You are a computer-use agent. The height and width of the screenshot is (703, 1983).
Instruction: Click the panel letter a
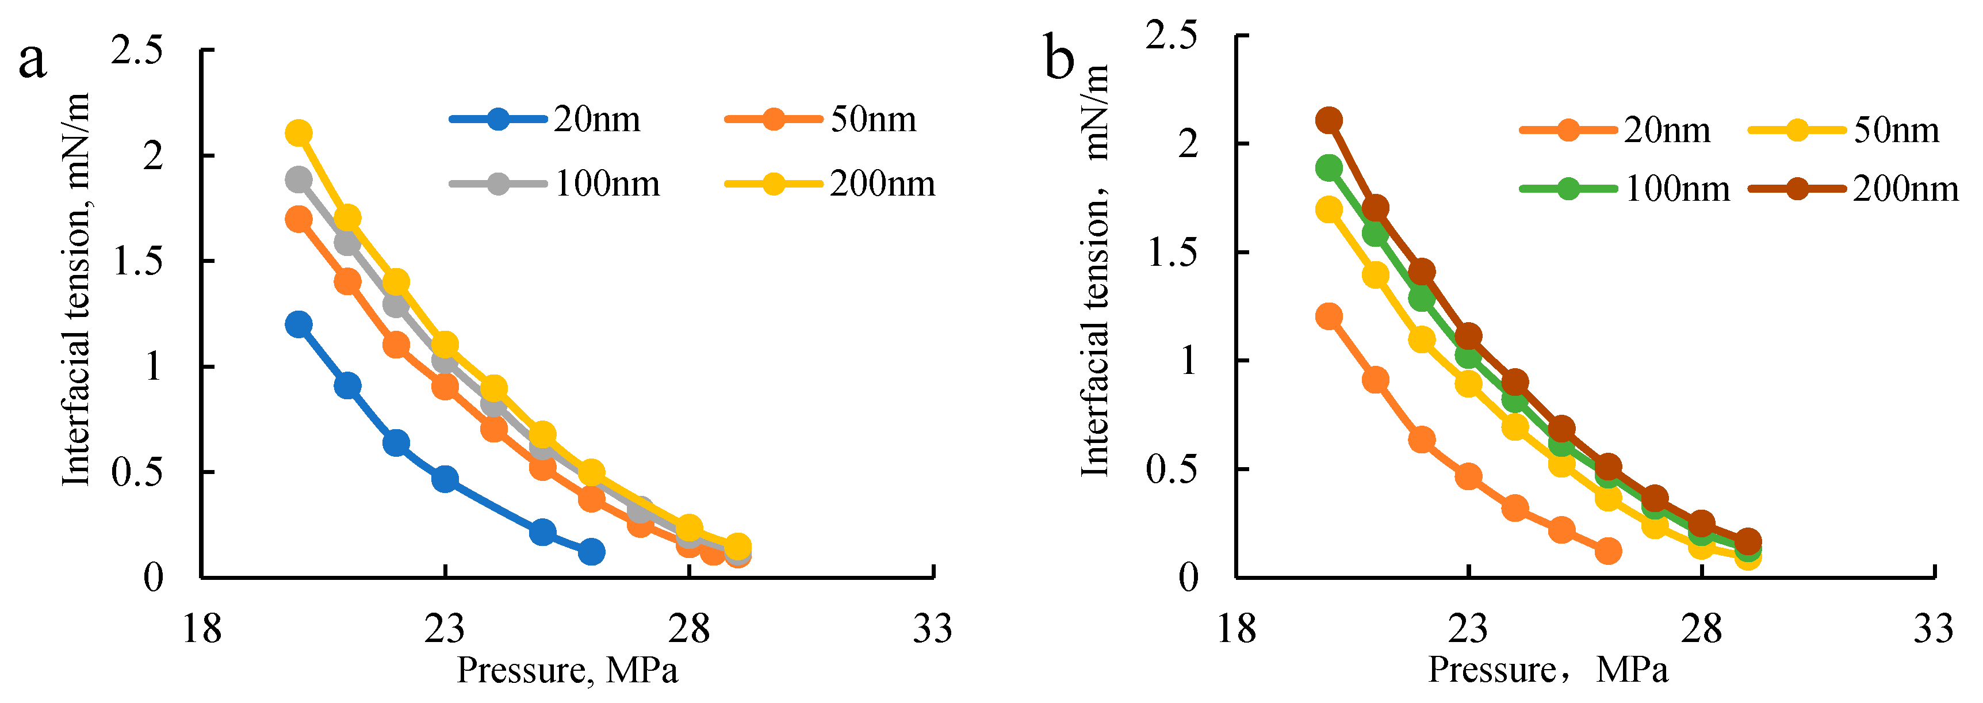coord(32,62)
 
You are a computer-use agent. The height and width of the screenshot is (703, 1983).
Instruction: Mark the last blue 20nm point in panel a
coord(591,551)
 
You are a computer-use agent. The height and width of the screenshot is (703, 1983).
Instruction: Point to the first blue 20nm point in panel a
coord(298,324)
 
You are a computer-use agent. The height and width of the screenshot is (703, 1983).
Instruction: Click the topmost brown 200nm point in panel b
coord(1329,120)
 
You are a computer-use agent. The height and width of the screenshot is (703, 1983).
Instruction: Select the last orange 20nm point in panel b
coord(1608,551)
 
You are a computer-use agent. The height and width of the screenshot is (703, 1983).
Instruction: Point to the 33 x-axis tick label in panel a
coord(932,629)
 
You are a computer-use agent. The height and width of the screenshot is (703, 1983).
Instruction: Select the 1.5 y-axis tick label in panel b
coord(1173,253)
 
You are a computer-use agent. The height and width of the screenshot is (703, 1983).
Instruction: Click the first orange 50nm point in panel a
coord(298,219)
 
